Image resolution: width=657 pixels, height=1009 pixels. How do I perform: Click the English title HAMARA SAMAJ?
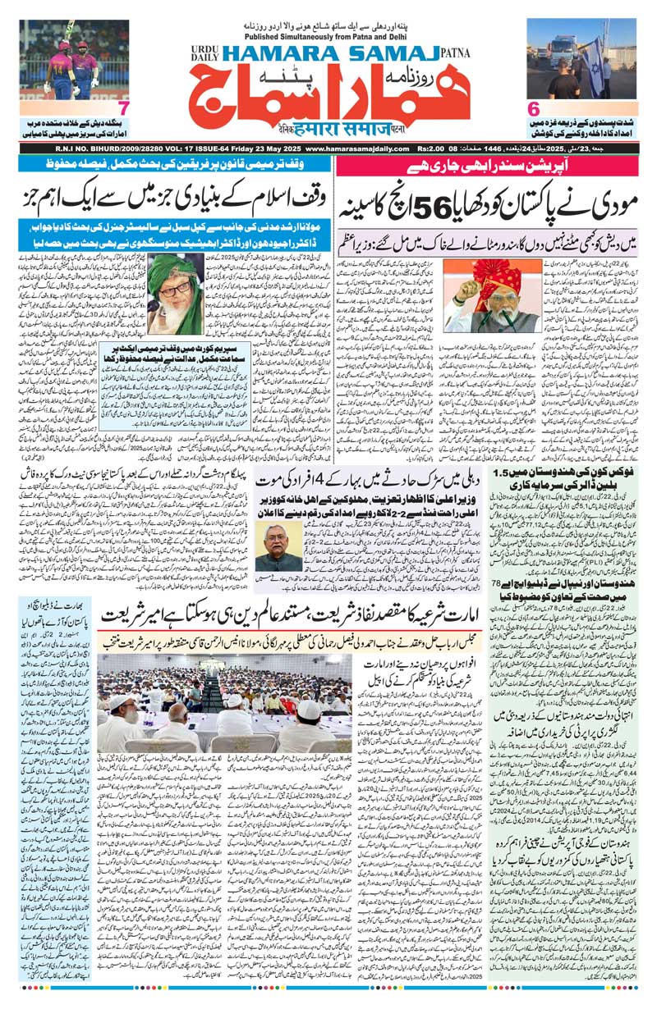coord(319,52)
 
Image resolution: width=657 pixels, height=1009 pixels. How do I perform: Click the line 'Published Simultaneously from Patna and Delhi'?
coord(328,36)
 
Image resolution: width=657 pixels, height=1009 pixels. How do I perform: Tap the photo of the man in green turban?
coord(175,294)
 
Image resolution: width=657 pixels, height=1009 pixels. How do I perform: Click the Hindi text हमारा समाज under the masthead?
coord(328,130)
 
